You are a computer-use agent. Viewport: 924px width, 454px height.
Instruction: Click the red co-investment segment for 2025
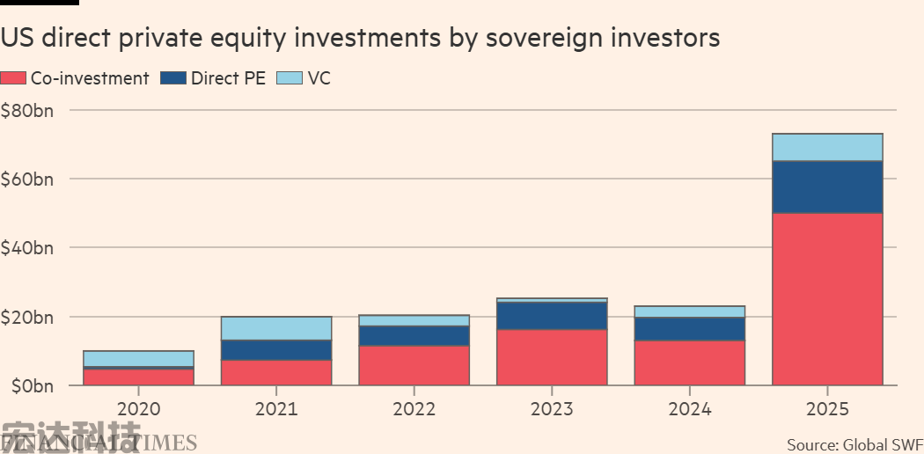coord(827,299)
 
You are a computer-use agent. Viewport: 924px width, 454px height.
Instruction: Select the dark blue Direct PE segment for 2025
coord(827,187)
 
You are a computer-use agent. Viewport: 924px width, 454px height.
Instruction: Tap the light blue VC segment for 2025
coord(827,147)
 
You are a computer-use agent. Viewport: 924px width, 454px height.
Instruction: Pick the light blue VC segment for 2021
coord(276,328)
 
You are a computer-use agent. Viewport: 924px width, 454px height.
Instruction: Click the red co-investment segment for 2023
coord(552,357)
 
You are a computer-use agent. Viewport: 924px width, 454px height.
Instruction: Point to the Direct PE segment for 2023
coord(552,316)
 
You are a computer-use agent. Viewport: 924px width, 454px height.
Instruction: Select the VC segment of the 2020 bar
coord(139,358)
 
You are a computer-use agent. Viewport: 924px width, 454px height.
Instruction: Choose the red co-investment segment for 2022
coord(414,365)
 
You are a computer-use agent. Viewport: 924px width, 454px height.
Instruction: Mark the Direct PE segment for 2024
coord(690,328)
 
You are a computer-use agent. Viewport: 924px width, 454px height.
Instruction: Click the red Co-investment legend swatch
coord(14,78)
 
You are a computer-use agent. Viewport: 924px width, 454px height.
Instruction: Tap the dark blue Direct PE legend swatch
coord(173,78)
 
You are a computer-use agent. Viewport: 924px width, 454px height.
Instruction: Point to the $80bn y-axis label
coord(27,111)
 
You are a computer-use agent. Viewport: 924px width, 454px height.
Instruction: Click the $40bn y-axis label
coord(27,248)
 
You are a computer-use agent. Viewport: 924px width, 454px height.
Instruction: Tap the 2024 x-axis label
coord(690,409)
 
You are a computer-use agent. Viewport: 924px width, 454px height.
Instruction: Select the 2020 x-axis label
coord(139,409)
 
